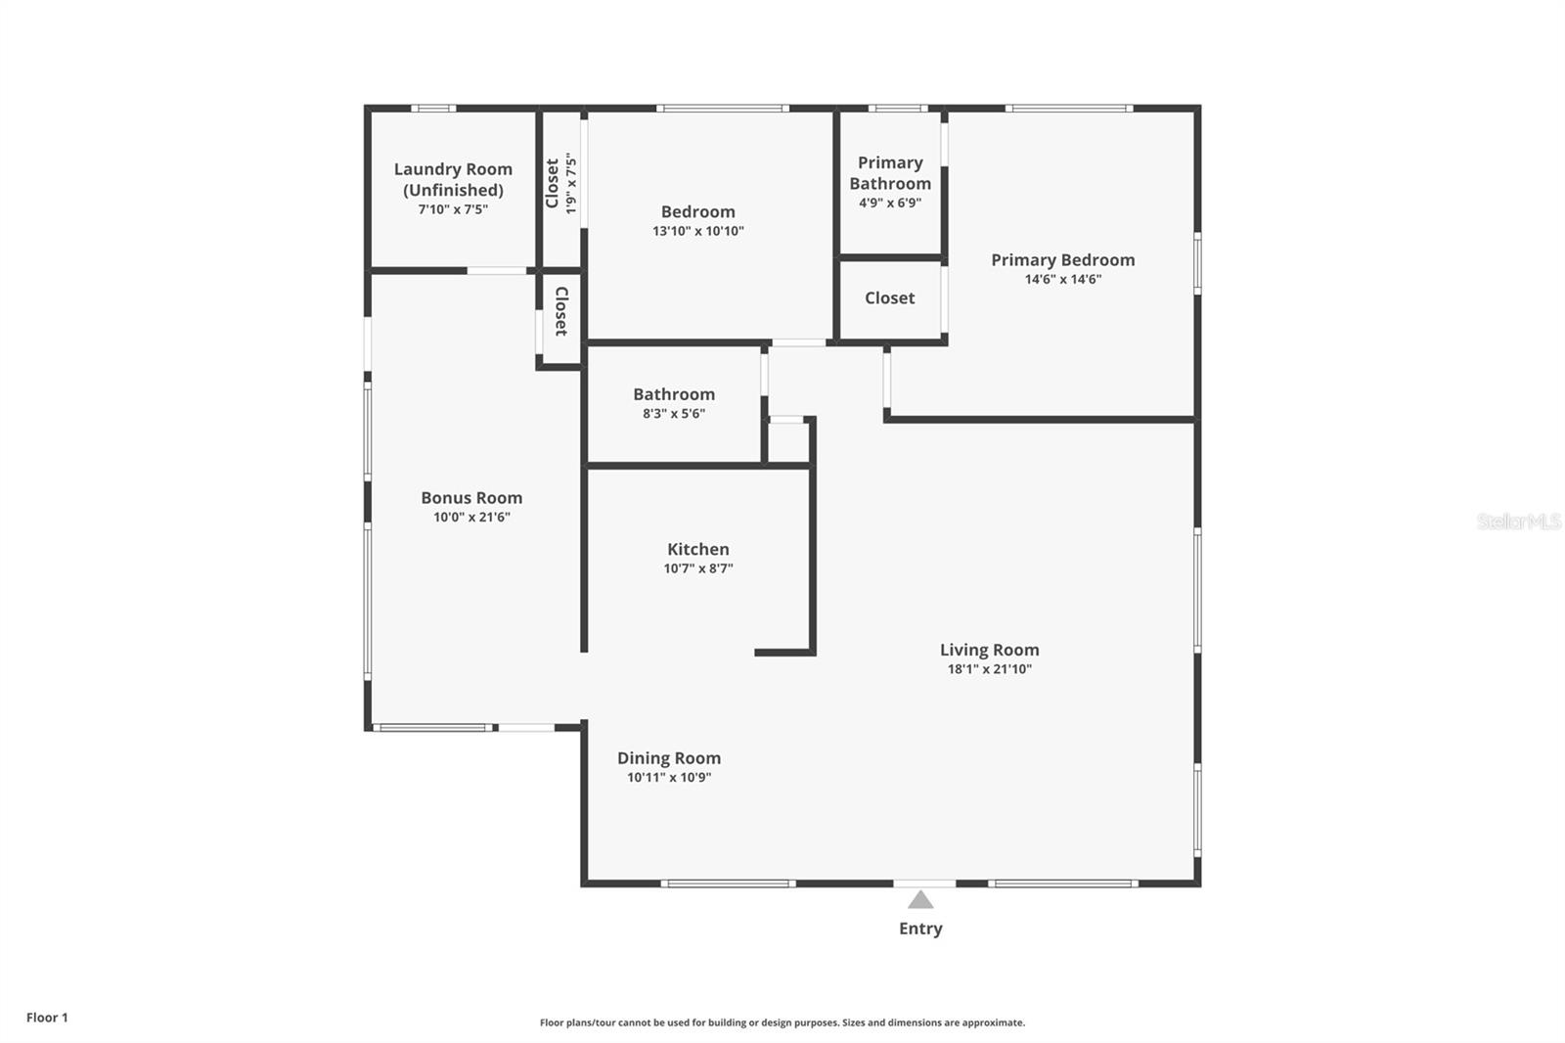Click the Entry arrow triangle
tap(920, 900)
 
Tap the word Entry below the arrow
tap(920, 929)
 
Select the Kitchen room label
tap(697, 549)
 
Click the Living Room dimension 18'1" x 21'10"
tap(989, 669)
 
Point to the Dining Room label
tap(669, 757)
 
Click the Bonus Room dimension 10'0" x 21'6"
tap(471, 517)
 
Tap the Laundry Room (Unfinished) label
tap(453, 179)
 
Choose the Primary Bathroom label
tap(889, 173)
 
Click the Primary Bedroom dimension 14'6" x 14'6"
tap(1062, 279)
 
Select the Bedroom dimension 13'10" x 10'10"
tap(697, 231)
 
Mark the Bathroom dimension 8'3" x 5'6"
tap(673, 413)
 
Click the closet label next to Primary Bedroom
tap(889, 297)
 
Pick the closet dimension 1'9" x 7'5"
tap(571, 184)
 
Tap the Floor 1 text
tap(47, 1018)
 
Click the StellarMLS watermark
tap(1518, 521)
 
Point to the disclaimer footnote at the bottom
tap(782, 1022)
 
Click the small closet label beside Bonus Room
tap(561, 311)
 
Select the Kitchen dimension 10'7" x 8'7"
tap(697, 568)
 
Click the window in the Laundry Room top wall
tap(432, 109)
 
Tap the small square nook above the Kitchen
tap(787, 442)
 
